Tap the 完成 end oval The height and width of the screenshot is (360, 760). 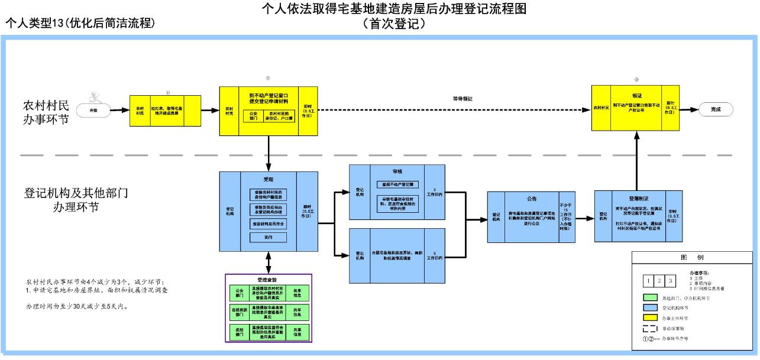(x=716, y=109)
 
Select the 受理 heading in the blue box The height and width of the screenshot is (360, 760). (x=269, y=179)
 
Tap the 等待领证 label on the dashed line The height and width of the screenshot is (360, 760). (x=463, y=99)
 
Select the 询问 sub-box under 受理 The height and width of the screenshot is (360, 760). (x=268, y=237)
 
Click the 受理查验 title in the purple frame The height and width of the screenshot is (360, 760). (x=267, y=280)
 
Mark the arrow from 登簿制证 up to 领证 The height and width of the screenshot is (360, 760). (x=636, y=160)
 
